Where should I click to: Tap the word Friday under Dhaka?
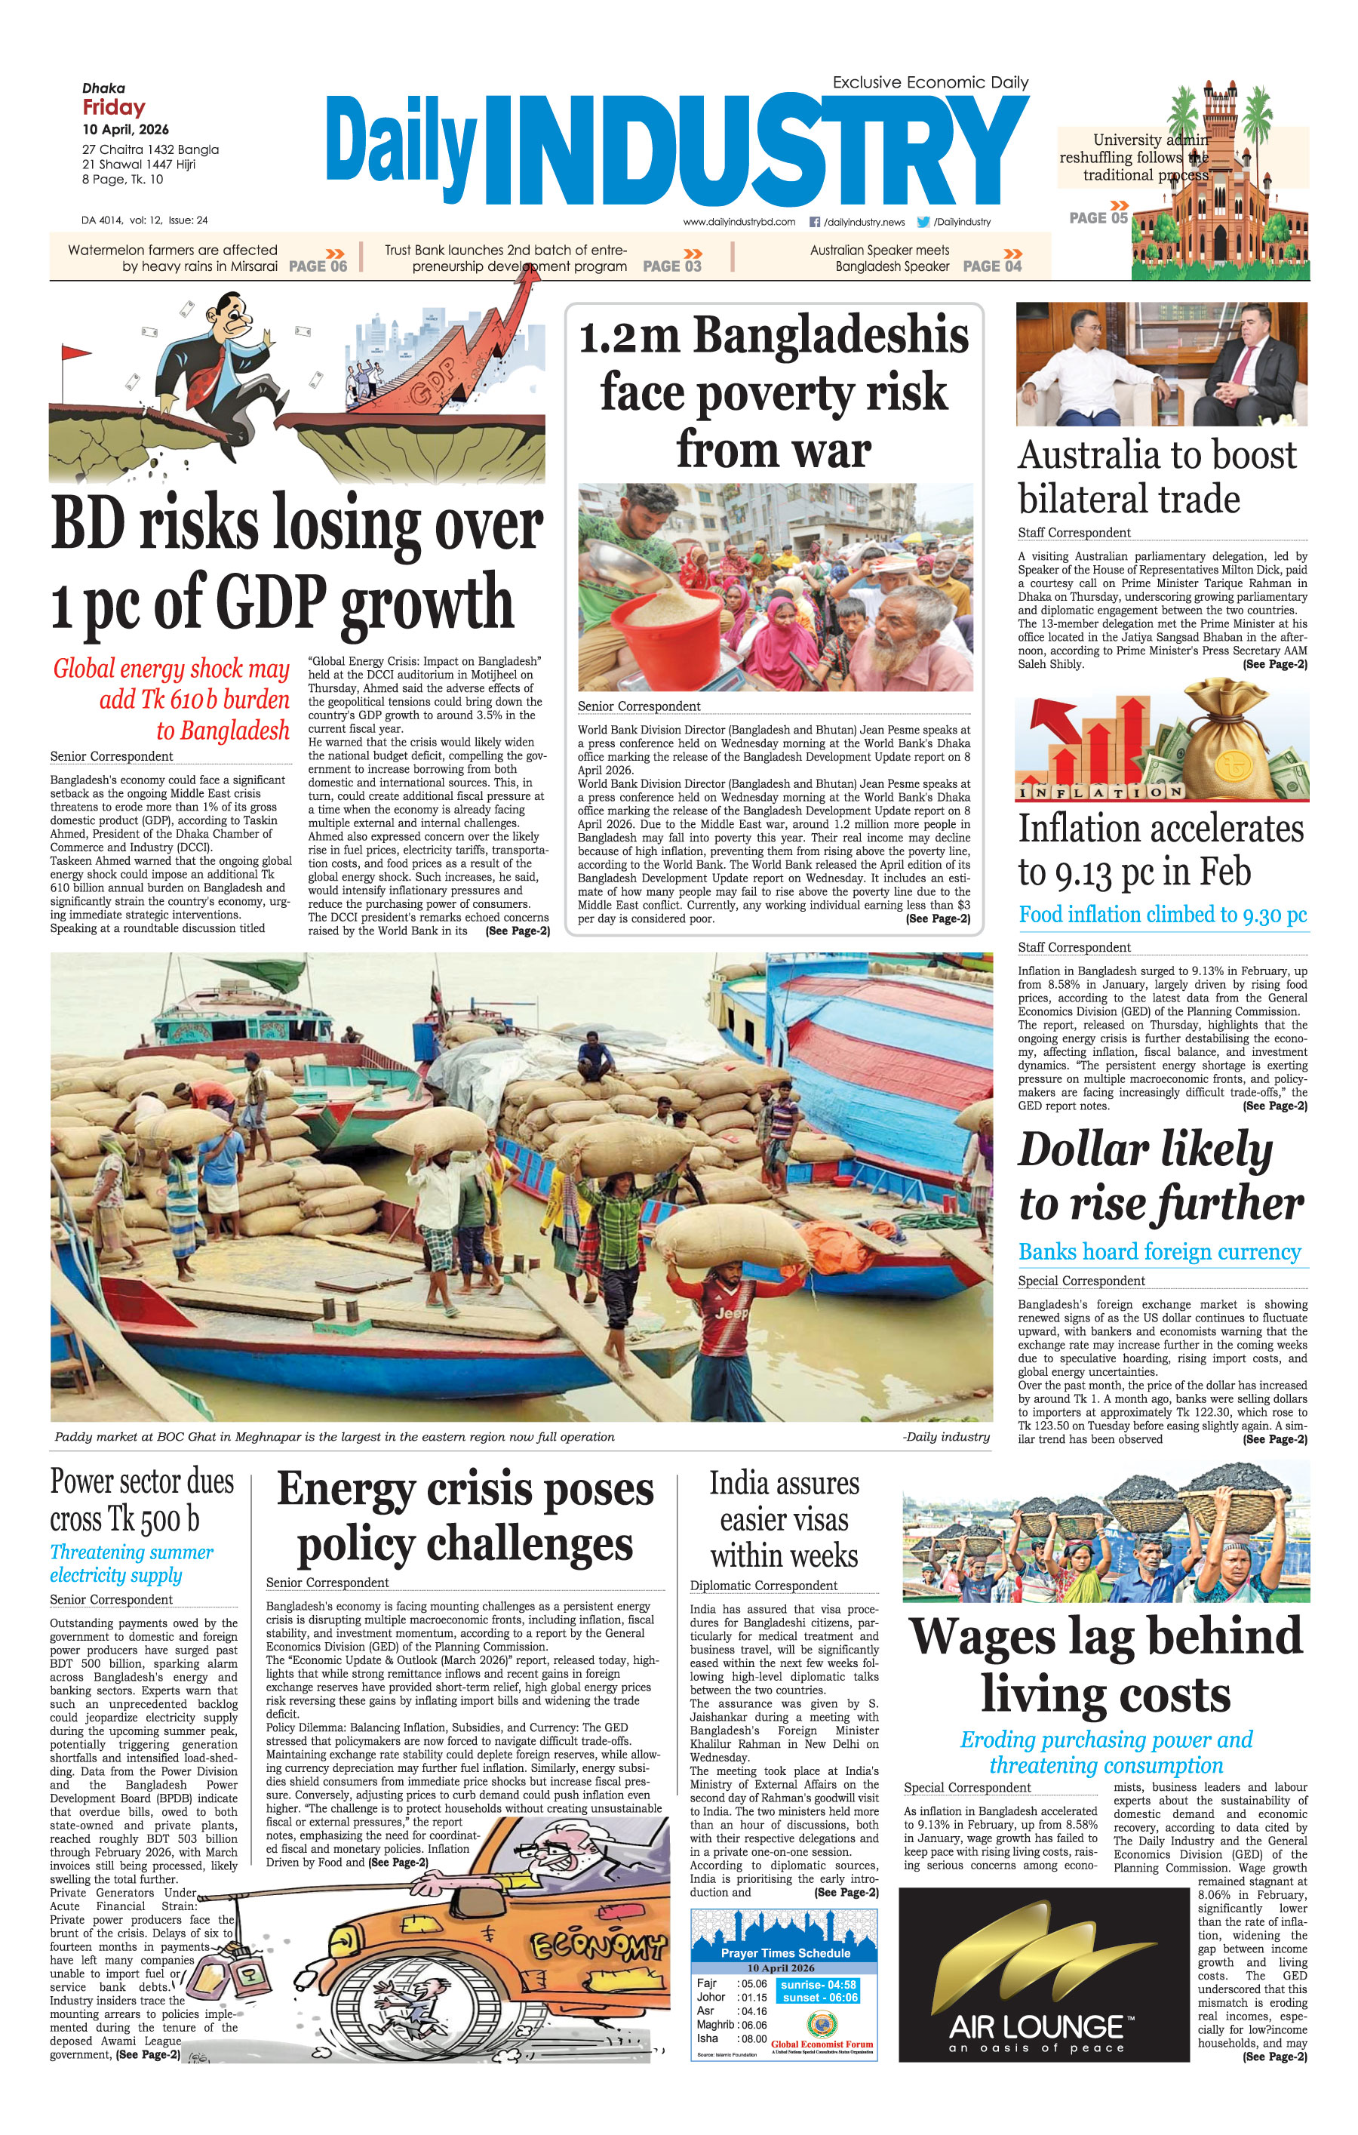(x=113, y=107)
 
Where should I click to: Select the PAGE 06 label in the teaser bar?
(x=318, y=266)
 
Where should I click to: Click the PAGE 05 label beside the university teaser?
(x=1098, y=218)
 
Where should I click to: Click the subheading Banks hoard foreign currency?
(x=1160, y=1252)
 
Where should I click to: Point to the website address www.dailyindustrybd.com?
(x=739, y=222)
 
